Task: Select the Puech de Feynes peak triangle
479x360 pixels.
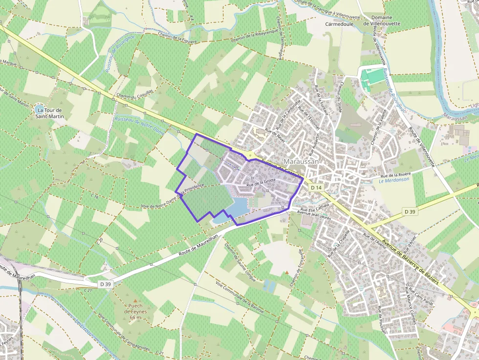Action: click(x=135, y=300)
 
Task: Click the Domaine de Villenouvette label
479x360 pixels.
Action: click(x=381, y=20)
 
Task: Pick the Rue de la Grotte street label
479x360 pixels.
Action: click(x=261, y=183)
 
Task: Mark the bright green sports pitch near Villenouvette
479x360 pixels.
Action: click(x=375, y=76)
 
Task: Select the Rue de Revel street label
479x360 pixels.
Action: click(x=274, y=132)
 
